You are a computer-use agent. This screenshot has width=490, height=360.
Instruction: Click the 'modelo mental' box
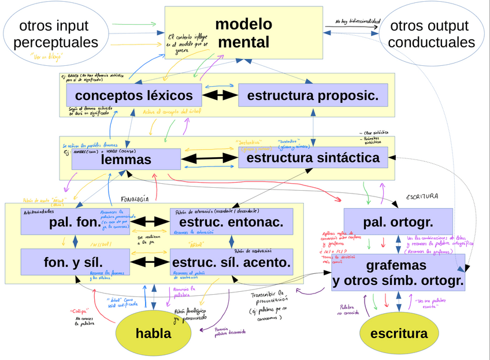(x=243, y=33)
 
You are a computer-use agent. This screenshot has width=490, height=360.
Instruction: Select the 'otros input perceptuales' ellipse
(x=55, y=34)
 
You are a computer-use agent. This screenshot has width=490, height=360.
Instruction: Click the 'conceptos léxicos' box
(x=134, y=95)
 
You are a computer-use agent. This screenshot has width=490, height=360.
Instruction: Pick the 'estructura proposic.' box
(x=313, y=95)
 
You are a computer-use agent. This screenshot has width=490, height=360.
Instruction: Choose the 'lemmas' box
(x=126, y=159)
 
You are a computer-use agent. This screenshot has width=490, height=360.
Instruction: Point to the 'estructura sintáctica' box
(x=313, y=158)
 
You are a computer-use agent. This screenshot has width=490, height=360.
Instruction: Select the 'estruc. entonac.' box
(x=231, y=222)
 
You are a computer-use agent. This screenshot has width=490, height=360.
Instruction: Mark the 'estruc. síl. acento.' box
(x=231, y=262)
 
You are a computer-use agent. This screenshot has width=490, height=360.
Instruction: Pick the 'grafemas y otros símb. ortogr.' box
(x=398, y=273)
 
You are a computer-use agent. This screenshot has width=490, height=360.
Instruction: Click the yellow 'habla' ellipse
(x=153, y=333)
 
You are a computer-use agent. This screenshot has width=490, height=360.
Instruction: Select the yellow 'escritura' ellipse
(x=399, y=333)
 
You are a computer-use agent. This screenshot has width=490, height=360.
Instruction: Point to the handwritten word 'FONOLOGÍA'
(x=135, y=199)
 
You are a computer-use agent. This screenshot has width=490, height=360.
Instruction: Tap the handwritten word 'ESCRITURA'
(x=422, y=196)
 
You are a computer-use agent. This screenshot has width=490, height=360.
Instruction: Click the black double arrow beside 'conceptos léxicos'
(x=220, y=95)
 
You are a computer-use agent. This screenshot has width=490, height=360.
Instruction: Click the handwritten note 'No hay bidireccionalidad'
(x=358, y=22)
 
